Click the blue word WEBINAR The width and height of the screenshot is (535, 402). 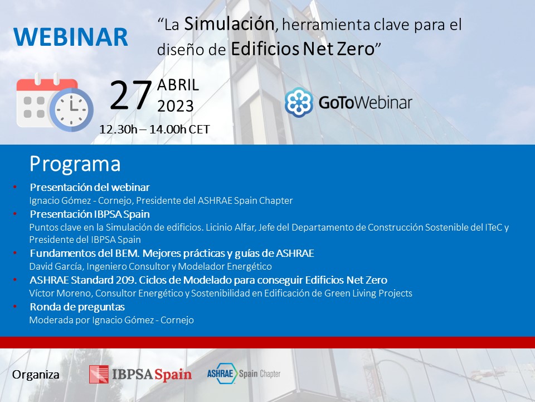pyautogui.click(x=71, y=37)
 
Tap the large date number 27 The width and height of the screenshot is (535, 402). pyautogui.click(x=130, y=95)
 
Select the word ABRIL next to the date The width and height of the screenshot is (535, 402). pyautogui.click(x=178, y=85)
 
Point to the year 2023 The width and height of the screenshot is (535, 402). pyautogui.click(x=176, y=106)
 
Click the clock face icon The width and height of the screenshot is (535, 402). pyautogui.click(x=71, y=109)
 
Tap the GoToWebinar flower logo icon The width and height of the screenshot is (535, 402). pyautogui.click(x=299, y=102)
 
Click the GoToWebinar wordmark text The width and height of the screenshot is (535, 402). pyautogui.click(x=366, y=103)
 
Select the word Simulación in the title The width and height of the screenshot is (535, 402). pyautogui.click(x=229, y=24)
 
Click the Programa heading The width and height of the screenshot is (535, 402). pyautogui.click(x=75, y=164)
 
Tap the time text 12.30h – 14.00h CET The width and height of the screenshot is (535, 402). pyautogui.click(x=154, y=129)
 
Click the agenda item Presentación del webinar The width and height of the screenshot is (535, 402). pyautogui.click(x=90, y=188)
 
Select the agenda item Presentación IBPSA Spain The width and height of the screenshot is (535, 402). pyautogui.click(x=90, y=214)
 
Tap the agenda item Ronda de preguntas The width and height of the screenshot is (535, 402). pyautogui.click(x=77, y=307)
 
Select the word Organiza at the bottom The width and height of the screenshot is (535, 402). pyautogui.click(x=36, y=375)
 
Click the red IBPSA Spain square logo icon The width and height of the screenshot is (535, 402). pyautogui.click(x=99, y=374)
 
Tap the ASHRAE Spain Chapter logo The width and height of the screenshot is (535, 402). pyautogui.click(x=244, y=374)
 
